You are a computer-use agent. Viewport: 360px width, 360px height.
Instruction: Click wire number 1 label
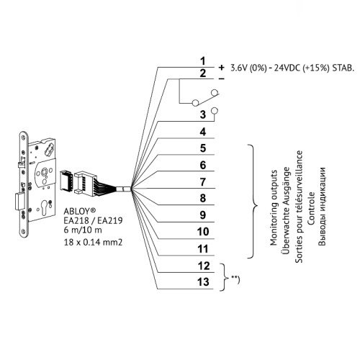point(203,61)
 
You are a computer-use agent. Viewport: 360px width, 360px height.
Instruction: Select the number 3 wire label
point(203,114)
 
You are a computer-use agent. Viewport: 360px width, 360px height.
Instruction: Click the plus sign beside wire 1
point(221,68)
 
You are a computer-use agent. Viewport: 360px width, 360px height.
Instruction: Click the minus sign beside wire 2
point(222,78)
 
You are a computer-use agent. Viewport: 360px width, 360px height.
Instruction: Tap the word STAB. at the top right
point(343,68)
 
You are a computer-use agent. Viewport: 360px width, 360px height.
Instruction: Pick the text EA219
point(112,220)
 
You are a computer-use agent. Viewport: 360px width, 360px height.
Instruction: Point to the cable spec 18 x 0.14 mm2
point(93,242)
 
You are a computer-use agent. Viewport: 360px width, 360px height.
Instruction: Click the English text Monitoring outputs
point(274,208)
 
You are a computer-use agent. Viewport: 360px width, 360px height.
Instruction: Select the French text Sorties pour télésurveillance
point(299,207)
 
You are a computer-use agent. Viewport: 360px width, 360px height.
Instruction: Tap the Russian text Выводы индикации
point(322,207)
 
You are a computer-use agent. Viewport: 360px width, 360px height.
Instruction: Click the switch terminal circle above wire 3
point(215,111)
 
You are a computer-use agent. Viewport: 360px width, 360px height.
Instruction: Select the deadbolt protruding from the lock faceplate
point(19,202)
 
